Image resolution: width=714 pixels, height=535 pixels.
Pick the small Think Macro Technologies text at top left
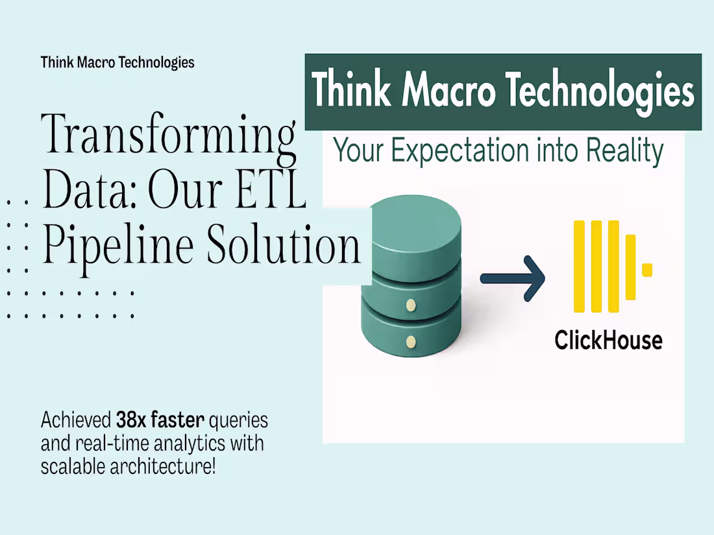(x=117, y=62)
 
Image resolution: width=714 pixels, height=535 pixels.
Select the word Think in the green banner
(x=351, y=91)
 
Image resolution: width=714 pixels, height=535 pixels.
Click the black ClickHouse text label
(x=608, y=340)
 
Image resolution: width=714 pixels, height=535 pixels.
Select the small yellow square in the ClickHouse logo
(x=646, y=270)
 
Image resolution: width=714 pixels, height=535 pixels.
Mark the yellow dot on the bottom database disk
(x=410, y=341)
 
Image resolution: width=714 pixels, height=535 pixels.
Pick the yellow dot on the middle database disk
(x=410, y=304)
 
